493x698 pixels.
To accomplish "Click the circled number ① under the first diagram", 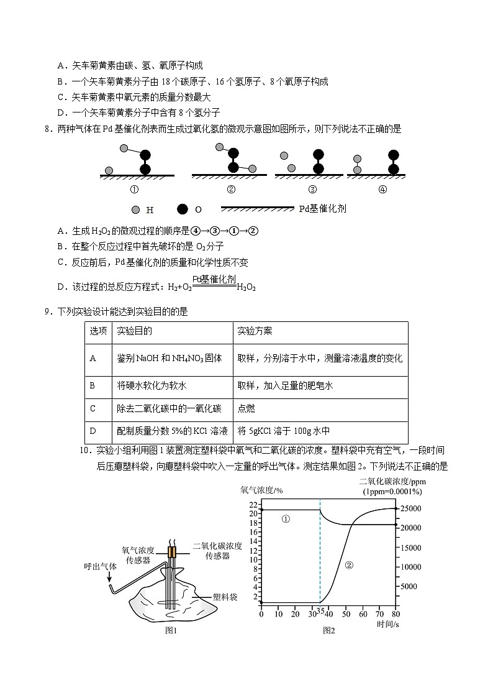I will [133, 190].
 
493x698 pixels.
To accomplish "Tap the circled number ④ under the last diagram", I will [382, 190].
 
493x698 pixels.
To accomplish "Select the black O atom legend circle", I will [183, 209].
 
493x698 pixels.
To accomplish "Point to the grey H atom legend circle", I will [136, 209].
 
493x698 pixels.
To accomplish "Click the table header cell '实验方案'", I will [255, 331].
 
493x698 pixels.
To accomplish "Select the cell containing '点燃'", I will [246, 408].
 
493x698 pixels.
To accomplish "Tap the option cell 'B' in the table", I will [93, 385].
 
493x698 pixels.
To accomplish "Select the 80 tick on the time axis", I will [396, 615].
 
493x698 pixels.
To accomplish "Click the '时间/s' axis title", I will [387, 624].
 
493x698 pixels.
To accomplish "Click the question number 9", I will [47, 311].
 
